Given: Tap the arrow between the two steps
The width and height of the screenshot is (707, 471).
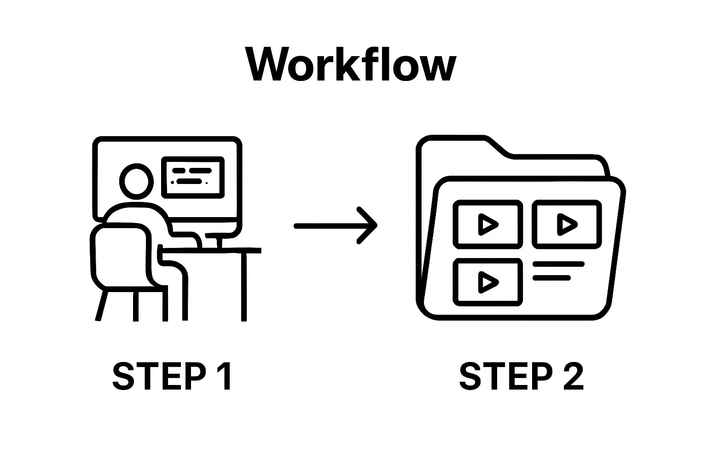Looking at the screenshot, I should (x=335, y=225).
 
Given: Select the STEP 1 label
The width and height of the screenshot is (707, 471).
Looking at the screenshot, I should (x=172, y=376).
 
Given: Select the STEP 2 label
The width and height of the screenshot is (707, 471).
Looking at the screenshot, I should (x=521, y=376).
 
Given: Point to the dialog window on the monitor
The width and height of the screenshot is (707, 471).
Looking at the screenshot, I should (x=193, y=178).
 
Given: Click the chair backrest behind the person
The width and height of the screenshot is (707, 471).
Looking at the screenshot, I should (x=122, y=255).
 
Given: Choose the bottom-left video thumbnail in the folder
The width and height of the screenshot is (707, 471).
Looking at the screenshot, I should (x=488, y=282).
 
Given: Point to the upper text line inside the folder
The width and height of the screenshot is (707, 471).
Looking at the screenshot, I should (x=558, y=264).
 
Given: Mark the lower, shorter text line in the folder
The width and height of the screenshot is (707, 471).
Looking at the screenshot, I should (x=551, y=278).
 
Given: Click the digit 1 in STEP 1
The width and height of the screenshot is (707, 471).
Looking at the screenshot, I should (x=224, y=376).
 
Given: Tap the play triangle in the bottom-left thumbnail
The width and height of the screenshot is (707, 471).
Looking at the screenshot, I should (x=487, y=282).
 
